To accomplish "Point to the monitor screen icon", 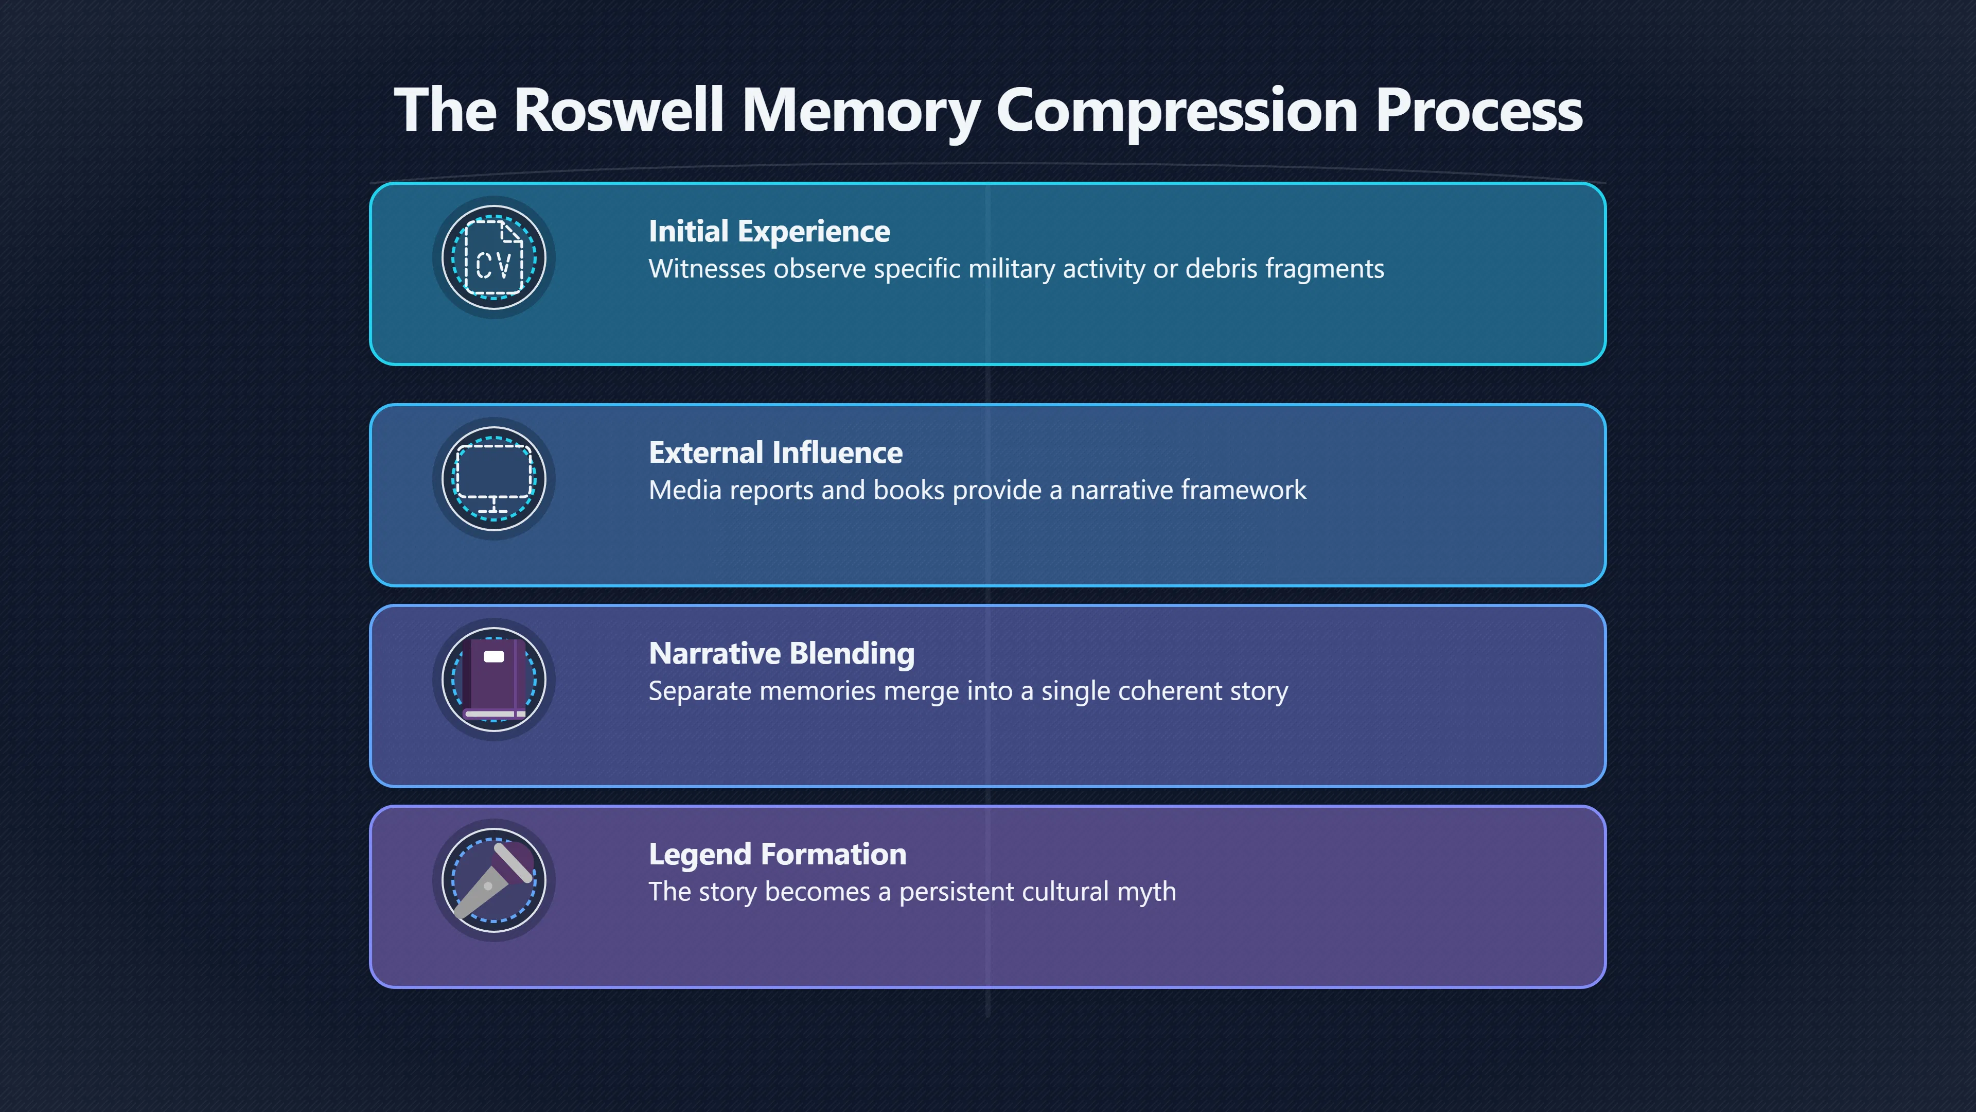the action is click(x=494, y=479).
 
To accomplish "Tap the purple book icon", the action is click(x=494, y=679).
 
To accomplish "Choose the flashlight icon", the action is click(x=494, y=879).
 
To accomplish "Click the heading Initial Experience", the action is click(x=769, y=232).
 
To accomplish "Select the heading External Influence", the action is click(x=775, y=453).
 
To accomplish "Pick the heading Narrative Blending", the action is click(x=782, y=654).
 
